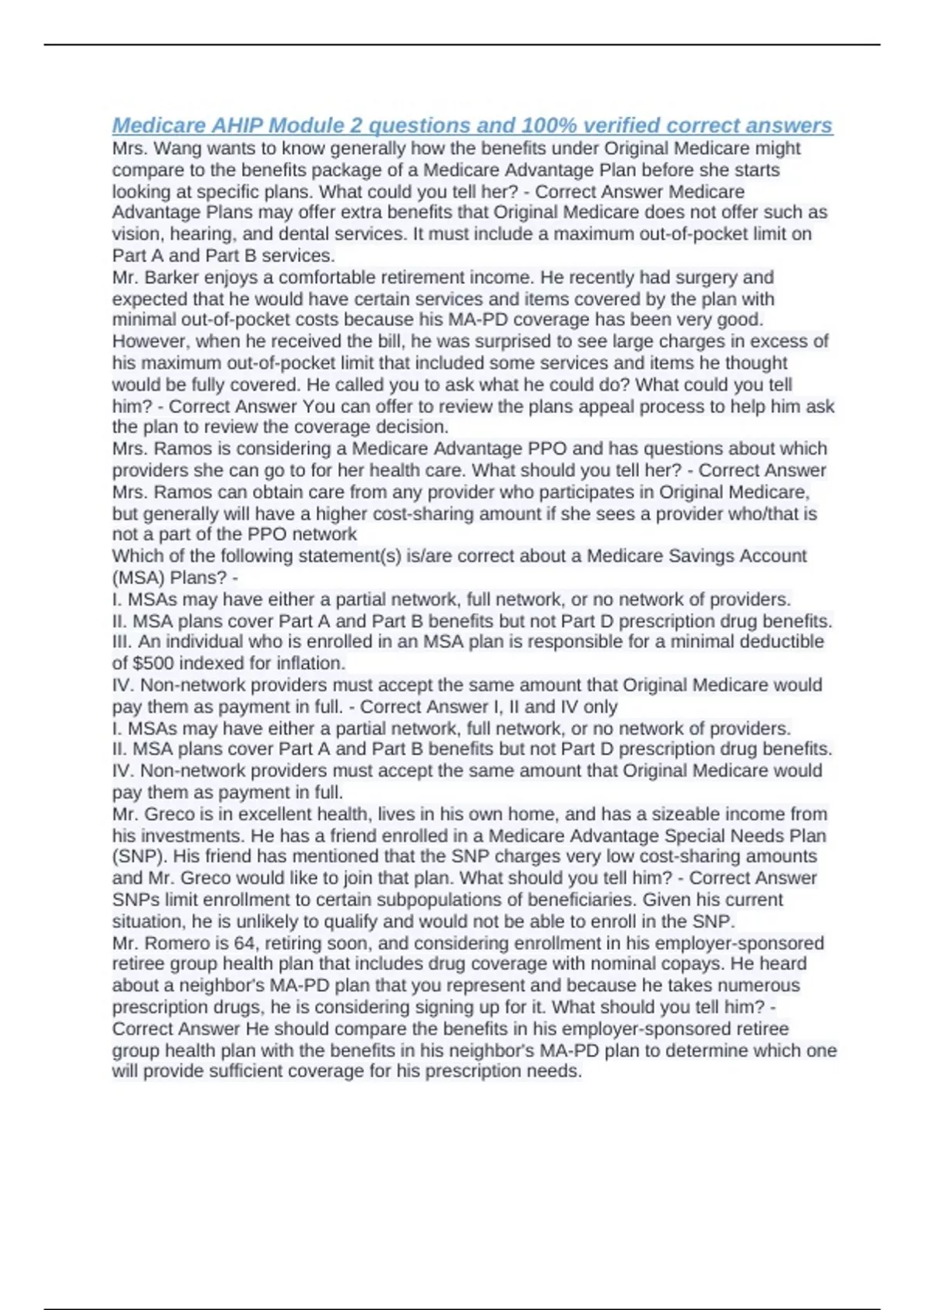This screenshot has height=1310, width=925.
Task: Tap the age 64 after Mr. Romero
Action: [233, 943]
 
